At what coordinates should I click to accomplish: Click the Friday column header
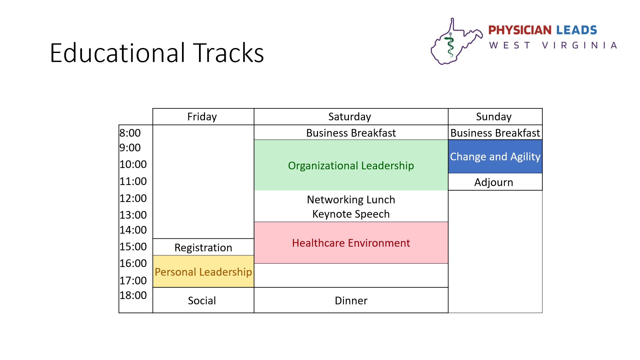[x=203, y=117]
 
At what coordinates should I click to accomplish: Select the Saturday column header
[x=351, y=117]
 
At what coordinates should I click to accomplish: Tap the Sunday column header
[x=495, y=117]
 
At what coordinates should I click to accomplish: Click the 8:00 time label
[x=130, y=133]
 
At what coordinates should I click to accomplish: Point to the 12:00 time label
[x=133, y=198]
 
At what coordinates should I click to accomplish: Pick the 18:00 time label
[x=133, y=295]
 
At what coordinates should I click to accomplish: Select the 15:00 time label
[x=133, y=247]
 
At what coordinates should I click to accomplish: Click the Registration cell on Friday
[x=203, y=247]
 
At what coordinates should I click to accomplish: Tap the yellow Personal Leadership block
[x=203, y=271]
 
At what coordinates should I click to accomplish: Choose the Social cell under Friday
[x=203, y=300]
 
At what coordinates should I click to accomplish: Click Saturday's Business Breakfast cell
[x=351, y=133]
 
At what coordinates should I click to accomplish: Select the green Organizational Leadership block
[x=351, y=165]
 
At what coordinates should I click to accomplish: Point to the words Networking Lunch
[x=351, y=200]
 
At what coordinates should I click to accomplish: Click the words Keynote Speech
[x=351, y=214]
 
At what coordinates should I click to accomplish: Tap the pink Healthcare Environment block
[x=351, y=243]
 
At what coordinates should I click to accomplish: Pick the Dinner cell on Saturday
[x=351, y=300]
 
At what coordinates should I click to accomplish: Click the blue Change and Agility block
[x=495, y=156]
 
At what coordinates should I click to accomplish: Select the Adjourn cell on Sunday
[x=495, y=182]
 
